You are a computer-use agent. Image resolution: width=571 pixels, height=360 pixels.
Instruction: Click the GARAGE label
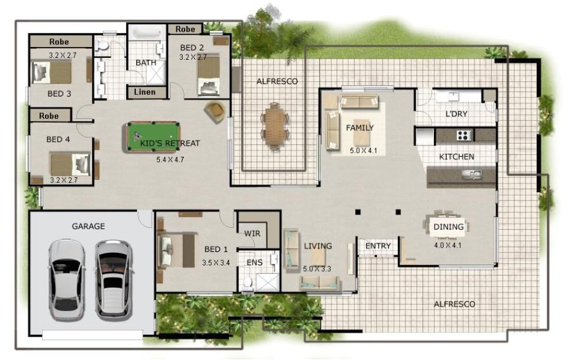point(88,226)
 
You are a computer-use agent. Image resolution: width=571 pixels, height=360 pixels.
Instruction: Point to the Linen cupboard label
point(145,92)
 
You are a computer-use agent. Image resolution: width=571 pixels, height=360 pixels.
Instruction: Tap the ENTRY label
point(377,246)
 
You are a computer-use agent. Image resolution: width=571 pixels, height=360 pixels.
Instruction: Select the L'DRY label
point(457,114)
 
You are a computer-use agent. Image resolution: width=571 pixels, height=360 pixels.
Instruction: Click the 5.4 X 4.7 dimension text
point(170,159)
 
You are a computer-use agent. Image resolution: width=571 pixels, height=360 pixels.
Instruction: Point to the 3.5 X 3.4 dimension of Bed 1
point(215,262)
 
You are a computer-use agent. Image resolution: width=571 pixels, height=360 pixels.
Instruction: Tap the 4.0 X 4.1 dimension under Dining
point(449,244)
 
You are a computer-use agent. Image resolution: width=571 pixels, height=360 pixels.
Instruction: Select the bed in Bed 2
point(207,76)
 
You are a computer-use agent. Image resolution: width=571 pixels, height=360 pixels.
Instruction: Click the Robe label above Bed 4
point(49,116)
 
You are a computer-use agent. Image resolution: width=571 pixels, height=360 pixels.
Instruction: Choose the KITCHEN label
point(457,156)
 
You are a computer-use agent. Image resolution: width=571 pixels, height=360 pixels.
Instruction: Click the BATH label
point(145,63)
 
